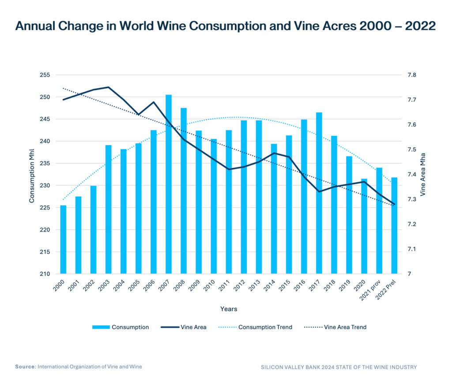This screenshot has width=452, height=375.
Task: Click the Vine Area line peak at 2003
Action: click(x=109, y=87)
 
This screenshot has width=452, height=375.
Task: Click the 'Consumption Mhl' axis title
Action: click(x=32, y=175)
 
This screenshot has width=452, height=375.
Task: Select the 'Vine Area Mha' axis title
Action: click(x=423, y=175)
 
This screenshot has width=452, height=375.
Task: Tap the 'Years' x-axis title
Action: click(x=229, y=309)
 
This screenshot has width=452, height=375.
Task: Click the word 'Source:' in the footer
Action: click(x=25, y=367)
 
